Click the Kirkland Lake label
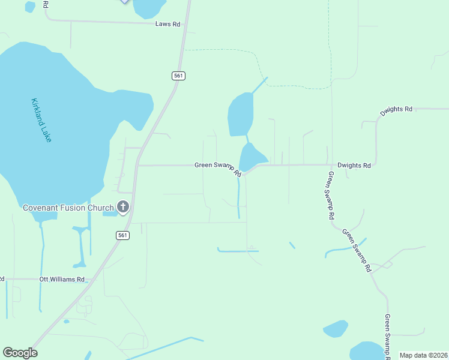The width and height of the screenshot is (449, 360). (41, 120)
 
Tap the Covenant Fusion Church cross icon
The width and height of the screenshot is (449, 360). (123, 208)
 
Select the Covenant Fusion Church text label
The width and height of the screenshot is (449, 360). (68, 208)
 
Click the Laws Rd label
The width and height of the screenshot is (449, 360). (167, 24)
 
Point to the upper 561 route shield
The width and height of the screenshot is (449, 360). (178, 76)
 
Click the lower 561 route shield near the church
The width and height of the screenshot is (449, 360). (122, 236)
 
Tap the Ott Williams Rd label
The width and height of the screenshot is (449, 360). (62, 280)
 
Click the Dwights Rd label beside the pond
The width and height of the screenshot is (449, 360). (354, 165)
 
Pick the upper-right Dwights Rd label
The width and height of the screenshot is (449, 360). (396, 110)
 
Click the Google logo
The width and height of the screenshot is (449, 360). (20, 353)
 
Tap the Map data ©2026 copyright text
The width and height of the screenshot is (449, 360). (423, 355)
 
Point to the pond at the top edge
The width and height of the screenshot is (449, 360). (149, 8)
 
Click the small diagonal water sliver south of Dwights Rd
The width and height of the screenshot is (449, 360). (292, 245)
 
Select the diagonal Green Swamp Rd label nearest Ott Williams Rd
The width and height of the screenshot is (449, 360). (357, 251)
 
